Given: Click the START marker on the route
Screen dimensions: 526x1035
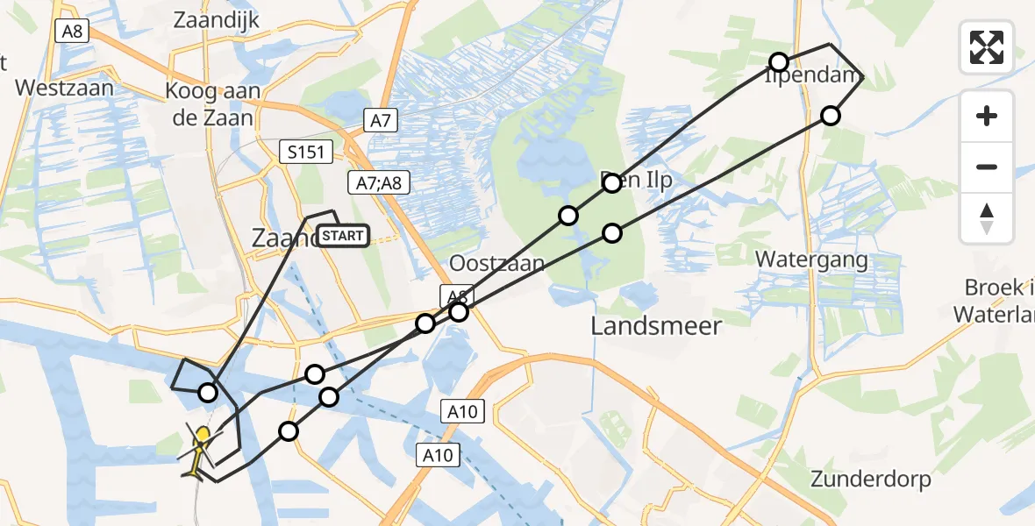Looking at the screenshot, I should point(343,236).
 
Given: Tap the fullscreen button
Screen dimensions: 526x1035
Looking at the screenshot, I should point(987,47).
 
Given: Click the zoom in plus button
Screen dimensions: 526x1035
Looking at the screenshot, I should point(987,116).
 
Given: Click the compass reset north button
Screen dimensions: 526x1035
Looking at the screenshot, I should point(987,218).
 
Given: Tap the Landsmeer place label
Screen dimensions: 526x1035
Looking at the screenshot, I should point(656,326).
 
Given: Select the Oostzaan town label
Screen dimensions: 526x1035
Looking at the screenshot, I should point(496,263).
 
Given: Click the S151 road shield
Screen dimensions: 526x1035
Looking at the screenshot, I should point(306,153).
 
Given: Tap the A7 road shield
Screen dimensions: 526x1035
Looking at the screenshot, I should point(380,121).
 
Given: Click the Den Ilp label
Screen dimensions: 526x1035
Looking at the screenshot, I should point(636,181).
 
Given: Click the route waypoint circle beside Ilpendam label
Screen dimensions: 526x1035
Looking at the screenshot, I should point(779,61).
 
